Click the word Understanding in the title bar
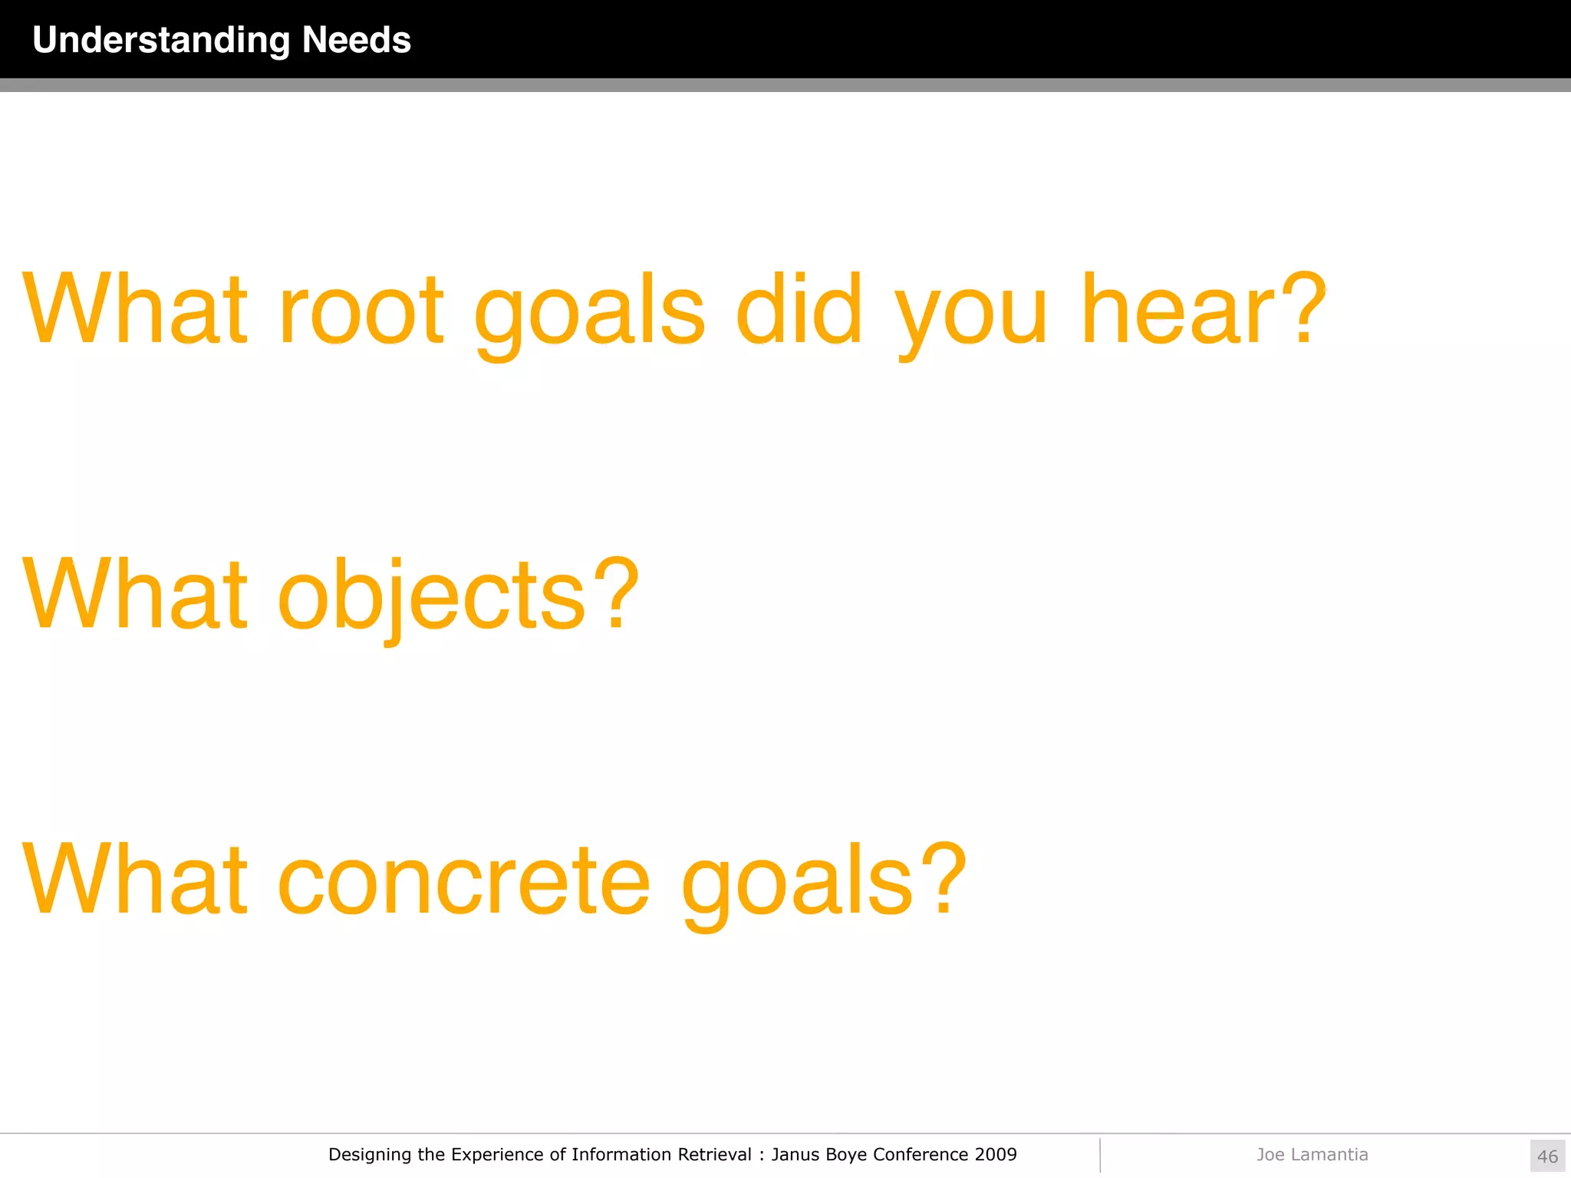(x=161, y=41)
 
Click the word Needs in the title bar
(x=357, y=40)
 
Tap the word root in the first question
(x=361, y=311)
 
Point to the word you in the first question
(x=971, y=314)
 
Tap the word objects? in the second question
(x=458, y=596)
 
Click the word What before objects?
(x=135, y=594)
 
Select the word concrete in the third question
(x=463, y=881)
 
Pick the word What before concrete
(x=135, y=880)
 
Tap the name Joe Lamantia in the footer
(x=1312, y=1154)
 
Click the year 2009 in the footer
(x=996, y=1154)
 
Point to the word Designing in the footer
(x=370, y=1155)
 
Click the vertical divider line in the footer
(x=1100, y=1155)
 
